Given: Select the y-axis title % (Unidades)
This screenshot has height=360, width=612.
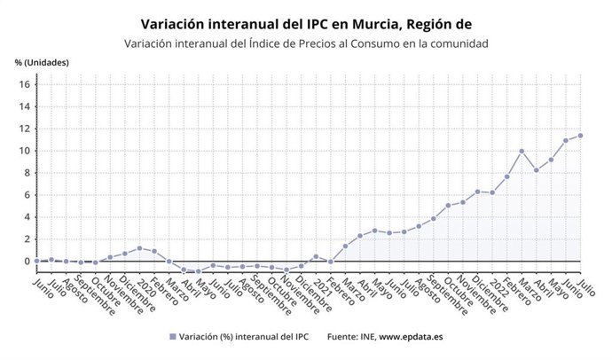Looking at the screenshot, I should click(42, 62).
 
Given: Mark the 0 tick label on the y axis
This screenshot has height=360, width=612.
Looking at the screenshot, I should click(27, 262).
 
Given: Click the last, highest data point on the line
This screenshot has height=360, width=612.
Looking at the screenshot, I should click(580, 136).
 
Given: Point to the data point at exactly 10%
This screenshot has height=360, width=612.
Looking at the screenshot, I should click(522, 152).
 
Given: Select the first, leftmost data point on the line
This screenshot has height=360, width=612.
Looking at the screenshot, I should click(36, 261).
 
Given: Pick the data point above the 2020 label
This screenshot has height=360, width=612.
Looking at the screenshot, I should click(139, 248).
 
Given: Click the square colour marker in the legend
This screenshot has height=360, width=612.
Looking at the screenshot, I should click(172, 337).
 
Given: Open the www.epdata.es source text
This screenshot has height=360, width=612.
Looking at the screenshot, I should click(412, 337).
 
